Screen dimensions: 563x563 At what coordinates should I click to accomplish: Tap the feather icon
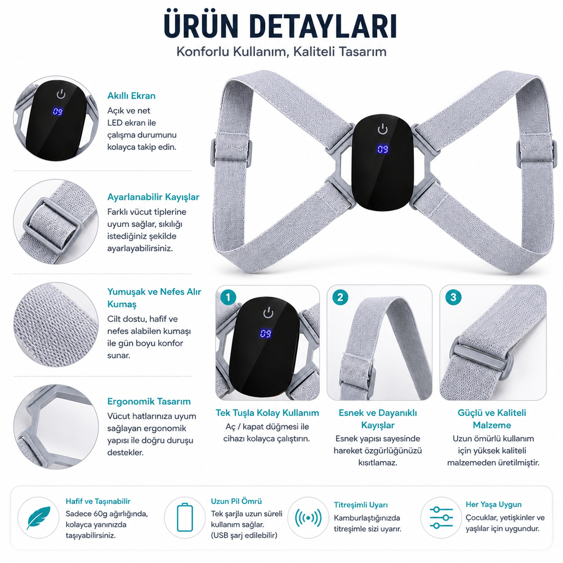(38, 518)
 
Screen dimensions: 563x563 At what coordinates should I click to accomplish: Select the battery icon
(185, 517)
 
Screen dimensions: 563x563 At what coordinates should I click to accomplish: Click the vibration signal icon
(308, 518)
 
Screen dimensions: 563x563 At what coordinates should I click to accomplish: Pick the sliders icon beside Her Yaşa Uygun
(441, 518)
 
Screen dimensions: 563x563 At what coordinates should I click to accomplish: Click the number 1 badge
(228, 297)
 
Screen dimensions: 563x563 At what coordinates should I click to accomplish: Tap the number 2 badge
(340, 297)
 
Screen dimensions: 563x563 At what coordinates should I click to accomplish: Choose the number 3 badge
(453, 297)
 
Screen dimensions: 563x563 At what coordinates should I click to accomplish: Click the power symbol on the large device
(383, 129)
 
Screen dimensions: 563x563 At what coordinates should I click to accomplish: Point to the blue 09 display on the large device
(382, 149)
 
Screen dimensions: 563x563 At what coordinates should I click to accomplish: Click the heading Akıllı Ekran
(131, 96)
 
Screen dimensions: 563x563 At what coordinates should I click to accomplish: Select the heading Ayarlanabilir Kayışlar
(153, 197)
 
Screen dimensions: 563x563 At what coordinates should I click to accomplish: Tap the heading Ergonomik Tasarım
(149, 401)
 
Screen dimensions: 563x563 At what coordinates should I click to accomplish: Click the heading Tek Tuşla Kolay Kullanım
(267, 413)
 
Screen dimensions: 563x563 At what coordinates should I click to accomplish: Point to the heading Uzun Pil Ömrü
(236, 501)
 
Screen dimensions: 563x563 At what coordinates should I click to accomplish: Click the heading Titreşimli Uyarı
(361, 505)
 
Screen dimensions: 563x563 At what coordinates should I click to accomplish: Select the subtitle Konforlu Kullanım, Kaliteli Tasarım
(281, 52)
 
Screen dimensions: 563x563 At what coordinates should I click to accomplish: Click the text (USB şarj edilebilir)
(244, 535)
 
